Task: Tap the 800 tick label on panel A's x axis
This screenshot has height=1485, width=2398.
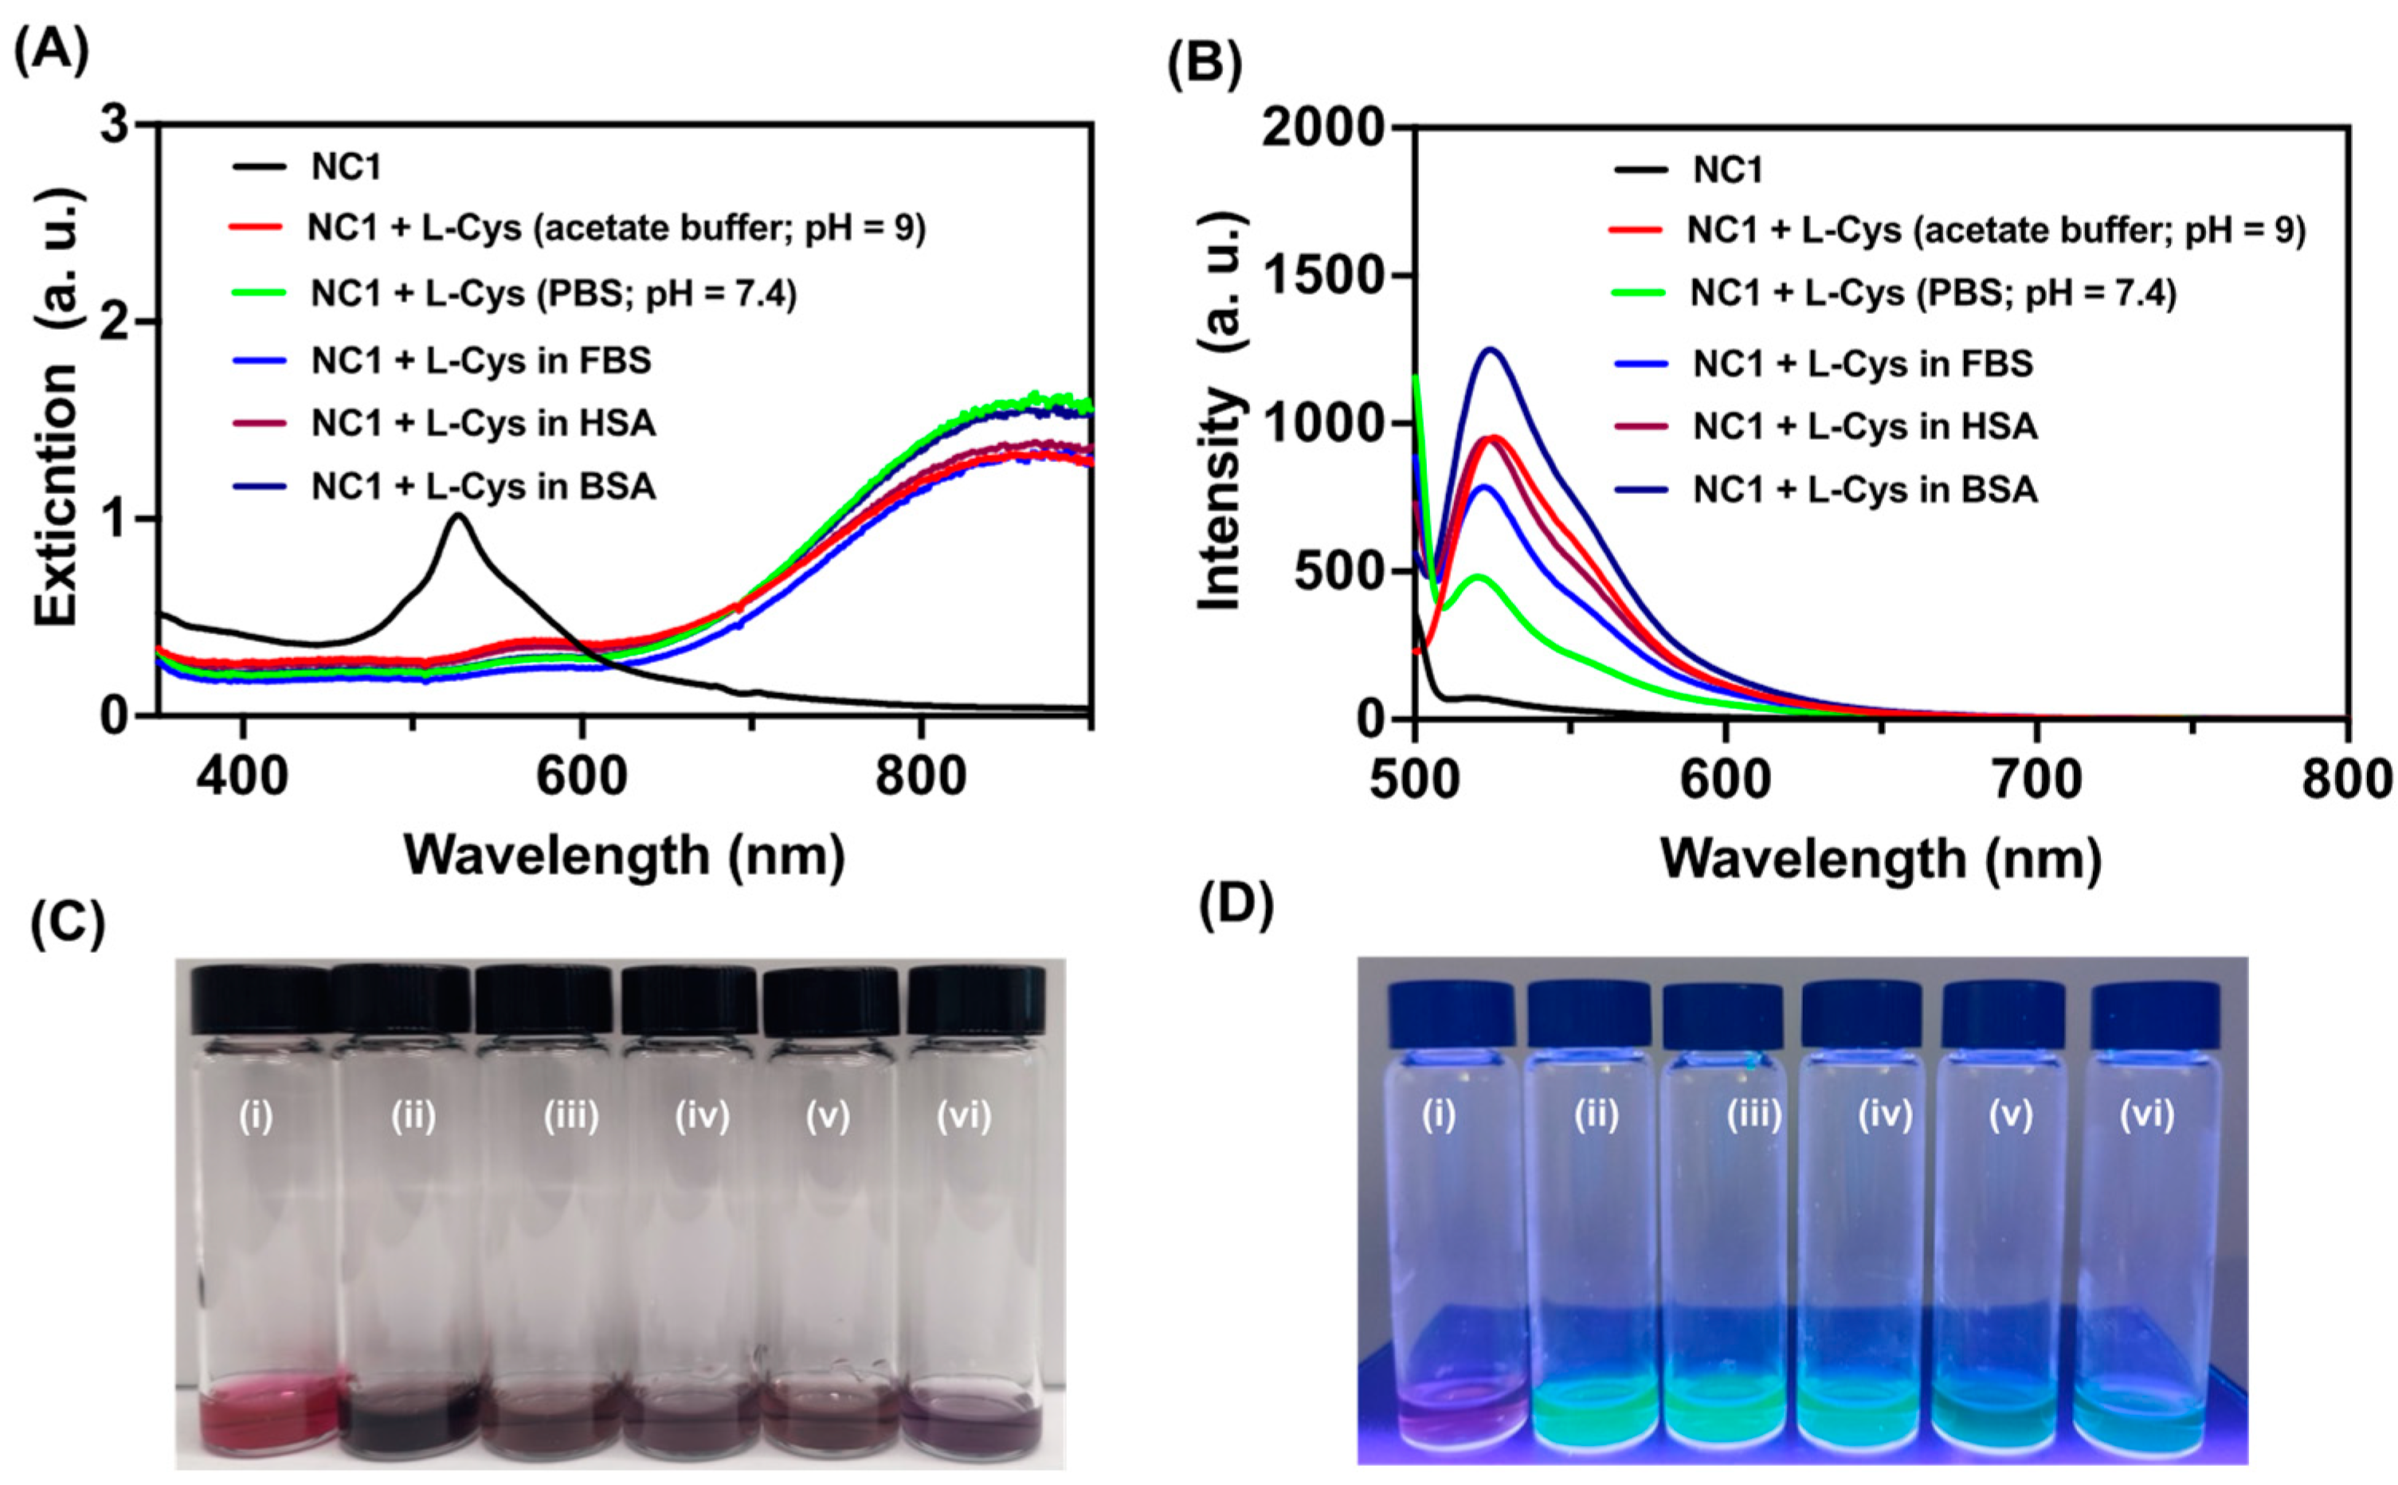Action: tap(920, 776)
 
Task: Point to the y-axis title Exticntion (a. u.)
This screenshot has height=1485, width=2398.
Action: tap(56, 408)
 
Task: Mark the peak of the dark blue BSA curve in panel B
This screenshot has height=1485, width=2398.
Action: tap(1491, 350)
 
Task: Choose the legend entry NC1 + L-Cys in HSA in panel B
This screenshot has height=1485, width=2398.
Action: tap(1863, 426)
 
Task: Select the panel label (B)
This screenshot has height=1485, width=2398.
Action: tap(1204, 66)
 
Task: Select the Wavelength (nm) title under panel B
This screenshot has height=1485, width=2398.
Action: tap(1879, 860)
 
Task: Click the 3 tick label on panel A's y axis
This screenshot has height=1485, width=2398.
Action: tap(116, 127)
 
